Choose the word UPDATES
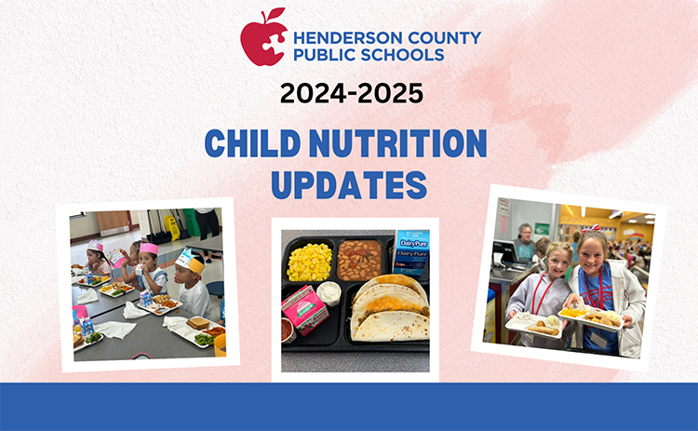[x=349, y=184]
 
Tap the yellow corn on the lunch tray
[x=309, y=262]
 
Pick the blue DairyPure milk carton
[x=410, y=251]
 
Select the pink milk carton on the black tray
[x=305, y=309]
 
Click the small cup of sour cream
[x=330, y=293]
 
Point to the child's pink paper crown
[x=149, y=249]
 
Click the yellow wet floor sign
[x=171, y=227]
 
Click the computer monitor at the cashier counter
[x=504, y=249]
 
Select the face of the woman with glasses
[x=527, y=234]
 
